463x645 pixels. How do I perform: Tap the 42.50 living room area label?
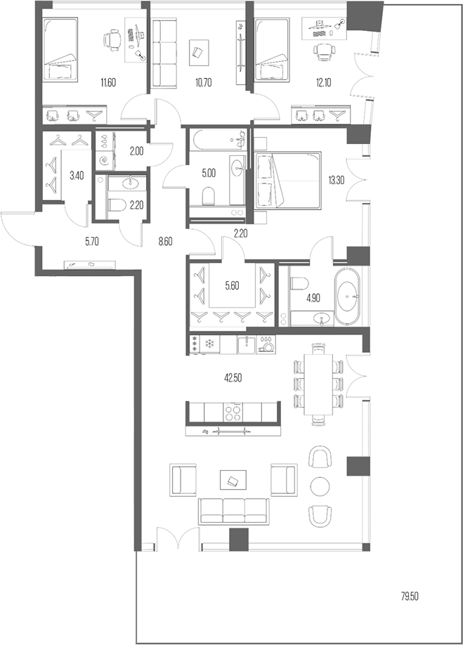(x=233, y=377)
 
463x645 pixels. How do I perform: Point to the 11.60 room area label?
(x=108, y=83)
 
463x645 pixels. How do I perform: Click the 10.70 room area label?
(x=202, y=83)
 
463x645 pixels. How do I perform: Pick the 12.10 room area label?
(x=323, y=83)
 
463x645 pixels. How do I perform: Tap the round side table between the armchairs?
(x=320, y=486)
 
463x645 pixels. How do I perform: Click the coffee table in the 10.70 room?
(x=199, y=51)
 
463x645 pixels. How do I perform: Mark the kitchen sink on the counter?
(x=245, y=345)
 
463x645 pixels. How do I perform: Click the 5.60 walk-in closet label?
(x=233, y=286)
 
